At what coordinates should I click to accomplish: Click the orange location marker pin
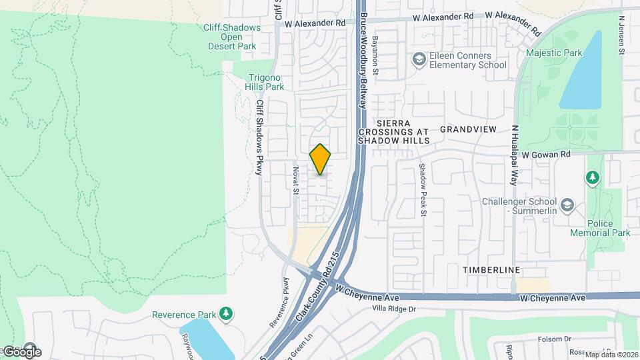tap(320, 159)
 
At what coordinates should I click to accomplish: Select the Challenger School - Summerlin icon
tap(567, 203)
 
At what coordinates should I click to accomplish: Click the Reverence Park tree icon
tap(227, 313)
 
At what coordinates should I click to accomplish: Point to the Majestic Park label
tap(554, 53)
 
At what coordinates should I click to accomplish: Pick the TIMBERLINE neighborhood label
tap(492, 269)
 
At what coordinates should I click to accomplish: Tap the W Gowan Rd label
tap(546, 154)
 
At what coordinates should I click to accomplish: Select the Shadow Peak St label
tap(422, 190)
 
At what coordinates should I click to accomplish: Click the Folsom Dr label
tap(554, 339)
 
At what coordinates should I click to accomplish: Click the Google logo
tap(22, 351)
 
